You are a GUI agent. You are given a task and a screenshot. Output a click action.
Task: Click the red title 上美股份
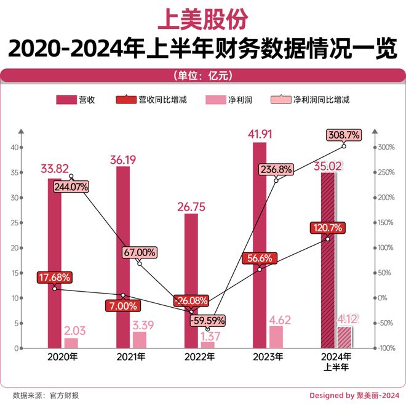click(202, 18)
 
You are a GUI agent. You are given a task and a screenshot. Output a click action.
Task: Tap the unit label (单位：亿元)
click(203, 76)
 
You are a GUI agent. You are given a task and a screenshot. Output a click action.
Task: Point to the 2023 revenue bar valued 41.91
click(260, 246)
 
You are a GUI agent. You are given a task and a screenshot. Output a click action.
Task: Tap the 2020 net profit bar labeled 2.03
click(71, 343)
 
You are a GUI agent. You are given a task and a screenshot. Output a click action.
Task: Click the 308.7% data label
click(343, 134)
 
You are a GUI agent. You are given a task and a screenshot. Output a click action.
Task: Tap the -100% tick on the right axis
click(386, 348)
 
